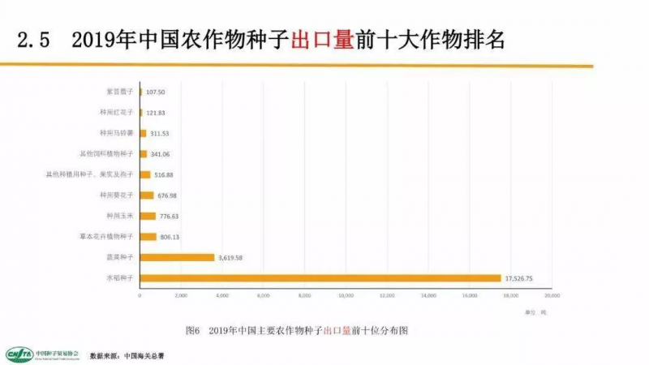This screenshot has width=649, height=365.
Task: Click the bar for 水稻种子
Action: pyautogui.click(x=320, y=278)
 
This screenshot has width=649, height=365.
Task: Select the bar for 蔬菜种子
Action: pyautogui.click(x=177, y=257)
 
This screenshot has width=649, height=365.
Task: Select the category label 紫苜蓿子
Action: pyautogui.click(x=120, y=92)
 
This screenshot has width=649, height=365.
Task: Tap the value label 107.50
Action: pyautogui.click(x=157, y=92)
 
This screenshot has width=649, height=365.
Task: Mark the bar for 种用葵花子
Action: pyautogui.click(x=147, y=195)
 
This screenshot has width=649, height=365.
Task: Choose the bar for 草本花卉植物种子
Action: pyautogui.click(x=148, y=237)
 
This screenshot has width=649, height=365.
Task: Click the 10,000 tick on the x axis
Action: pyautogui.click(x=346, y=296)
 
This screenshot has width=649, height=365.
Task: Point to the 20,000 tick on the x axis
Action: pyautogui.click(x=552, y=296)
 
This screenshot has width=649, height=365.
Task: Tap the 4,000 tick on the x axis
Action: pyautogui.click(x=222, y=296)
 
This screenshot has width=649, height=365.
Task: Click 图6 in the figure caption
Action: pyautogui.click(x=193, y=331)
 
